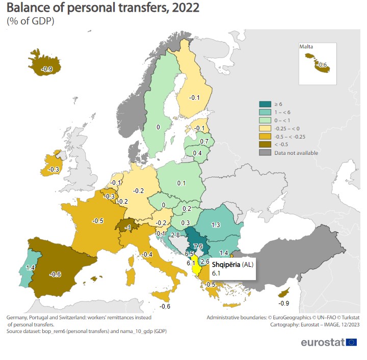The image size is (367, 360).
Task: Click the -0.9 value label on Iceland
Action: [x=46, y=69]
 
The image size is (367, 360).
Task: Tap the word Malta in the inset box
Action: [x=306, y=47]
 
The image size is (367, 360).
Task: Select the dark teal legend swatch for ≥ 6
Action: [x=265, y=104]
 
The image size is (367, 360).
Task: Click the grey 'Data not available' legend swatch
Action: [x=265, y=153]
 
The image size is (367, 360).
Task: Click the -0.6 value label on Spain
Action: [x=56, y=274]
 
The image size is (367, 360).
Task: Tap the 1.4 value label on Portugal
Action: [x=30, y=267]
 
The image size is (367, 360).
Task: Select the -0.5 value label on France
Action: [x=97, y=220]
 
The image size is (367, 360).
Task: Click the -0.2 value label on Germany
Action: [x=138, y=190]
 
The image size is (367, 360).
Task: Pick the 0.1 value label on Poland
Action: [x=180, y=183]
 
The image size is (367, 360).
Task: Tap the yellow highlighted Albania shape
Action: [x=195, y=269]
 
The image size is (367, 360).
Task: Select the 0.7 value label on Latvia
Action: [x=204, y=141]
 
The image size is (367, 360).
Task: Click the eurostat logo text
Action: [x=322, y=342]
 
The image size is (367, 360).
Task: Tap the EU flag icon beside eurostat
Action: [x=351, y=342]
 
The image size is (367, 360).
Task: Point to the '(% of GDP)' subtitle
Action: [x=31, y=21]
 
